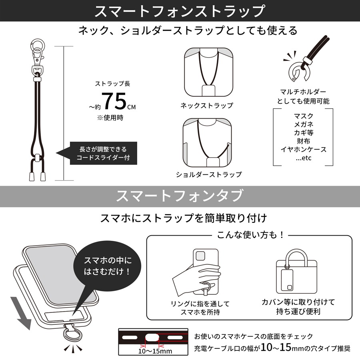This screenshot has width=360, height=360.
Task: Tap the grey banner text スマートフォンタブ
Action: coord(180,196)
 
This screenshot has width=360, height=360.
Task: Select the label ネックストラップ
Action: coord(206,106)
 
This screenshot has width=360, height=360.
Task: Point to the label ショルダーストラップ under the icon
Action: coord(209,174)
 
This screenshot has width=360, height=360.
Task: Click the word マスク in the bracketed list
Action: coord(303,116)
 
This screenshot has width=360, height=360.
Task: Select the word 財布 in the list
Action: coord(303,141)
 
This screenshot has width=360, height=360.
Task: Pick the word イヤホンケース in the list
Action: coord(303,150)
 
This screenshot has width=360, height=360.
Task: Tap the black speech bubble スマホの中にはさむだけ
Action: coord(107,266)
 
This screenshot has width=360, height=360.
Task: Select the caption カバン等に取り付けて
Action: coord(298,302)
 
